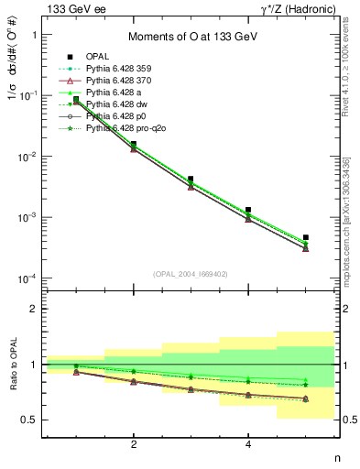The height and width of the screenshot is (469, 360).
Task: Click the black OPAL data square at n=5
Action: tap(306, 237)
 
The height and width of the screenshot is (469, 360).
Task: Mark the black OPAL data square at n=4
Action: tap(248, 210)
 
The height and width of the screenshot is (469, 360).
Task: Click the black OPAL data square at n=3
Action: tap(191, 180)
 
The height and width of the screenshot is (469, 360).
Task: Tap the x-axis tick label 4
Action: tap(248, 445)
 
